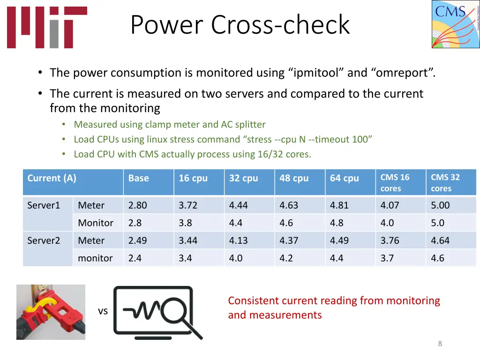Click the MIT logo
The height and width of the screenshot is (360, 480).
click(x=47, y=27)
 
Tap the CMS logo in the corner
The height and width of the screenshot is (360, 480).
click(x=455, y=24)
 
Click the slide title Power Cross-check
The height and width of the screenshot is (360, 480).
click(x=240, y=25)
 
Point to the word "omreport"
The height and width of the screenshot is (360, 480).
click(x=403, y=73)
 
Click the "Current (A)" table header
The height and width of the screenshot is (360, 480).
click(x=52, y=178)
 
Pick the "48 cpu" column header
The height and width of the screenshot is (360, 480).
click(x=294, y=178)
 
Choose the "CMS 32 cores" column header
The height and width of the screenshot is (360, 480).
click(x=445, y=183)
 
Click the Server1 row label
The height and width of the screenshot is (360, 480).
click(x=44, y=205)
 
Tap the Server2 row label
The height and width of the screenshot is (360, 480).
click(x=44, y=240)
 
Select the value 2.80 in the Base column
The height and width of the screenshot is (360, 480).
click(x=137, y=205)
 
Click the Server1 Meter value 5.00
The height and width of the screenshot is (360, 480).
click(x=440, y=205)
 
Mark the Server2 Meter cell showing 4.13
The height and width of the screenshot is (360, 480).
click(x=238, y=240)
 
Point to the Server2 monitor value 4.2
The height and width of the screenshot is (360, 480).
click(x=286, y=258)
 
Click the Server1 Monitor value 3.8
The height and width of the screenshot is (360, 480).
click(x=185, y=223)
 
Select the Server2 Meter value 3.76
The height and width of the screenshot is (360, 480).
click(x=390, y=240)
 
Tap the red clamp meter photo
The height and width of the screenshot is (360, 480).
click(x=51, y=312)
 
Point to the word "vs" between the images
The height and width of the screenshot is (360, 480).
click(x=103, y=311)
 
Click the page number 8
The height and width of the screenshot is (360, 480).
click(x=440, y=344)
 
